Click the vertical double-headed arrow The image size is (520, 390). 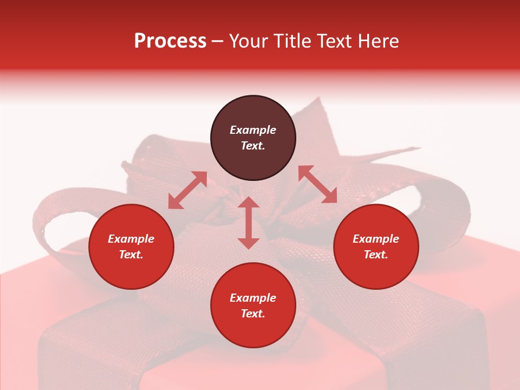coord(249,223)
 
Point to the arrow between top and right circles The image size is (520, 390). coord(317,184)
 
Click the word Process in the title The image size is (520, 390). coord(170,41)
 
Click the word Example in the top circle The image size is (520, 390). coord(253,130)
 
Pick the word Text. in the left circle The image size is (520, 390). coord(131,255)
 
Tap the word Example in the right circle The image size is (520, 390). coord(376,239)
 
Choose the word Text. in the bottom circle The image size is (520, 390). coord(253,314)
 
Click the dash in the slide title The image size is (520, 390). coord(218,41)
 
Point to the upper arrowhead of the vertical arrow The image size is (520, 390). coord(249,203)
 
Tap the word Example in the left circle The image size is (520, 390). coord(131,239)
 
